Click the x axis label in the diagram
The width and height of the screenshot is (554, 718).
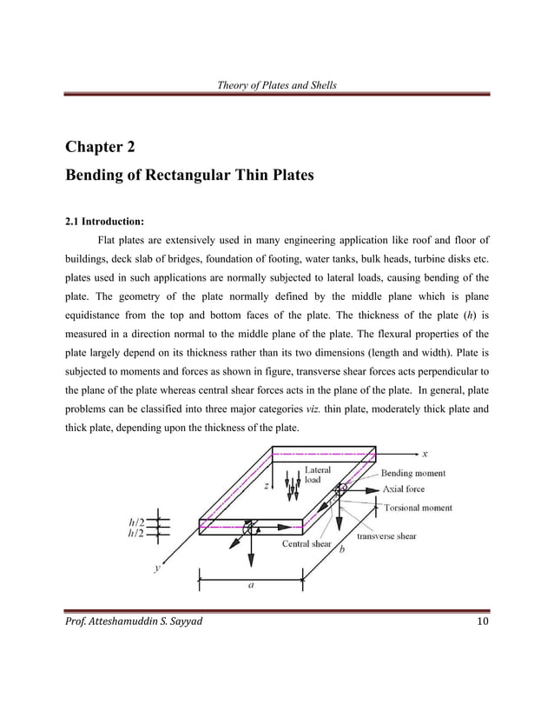pos(425,453)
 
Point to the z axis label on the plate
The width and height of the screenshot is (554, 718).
pos(279,486)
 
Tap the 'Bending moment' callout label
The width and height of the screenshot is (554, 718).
pos(413,474)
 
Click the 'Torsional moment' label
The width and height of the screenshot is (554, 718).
pos(418,507)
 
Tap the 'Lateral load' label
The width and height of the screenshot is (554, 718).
pos(317,475)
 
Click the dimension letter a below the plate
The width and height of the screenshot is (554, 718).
pos(251,585)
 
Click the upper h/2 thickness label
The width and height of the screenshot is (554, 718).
pos(136,522)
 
